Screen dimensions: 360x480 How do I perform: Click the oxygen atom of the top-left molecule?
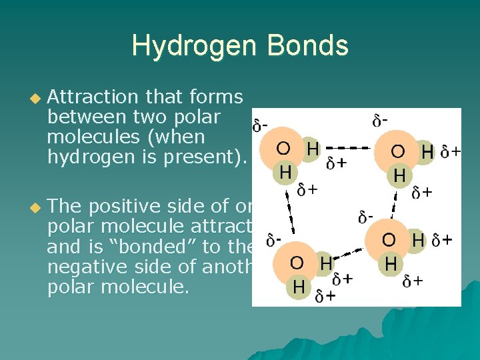[283, 148]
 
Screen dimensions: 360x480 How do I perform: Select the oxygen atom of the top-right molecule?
[398, 151]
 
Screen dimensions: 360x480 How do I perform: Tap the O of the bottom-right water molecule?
[389, 240]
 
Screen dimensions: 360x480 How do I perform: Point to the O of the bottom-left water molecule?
[297, 263]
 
